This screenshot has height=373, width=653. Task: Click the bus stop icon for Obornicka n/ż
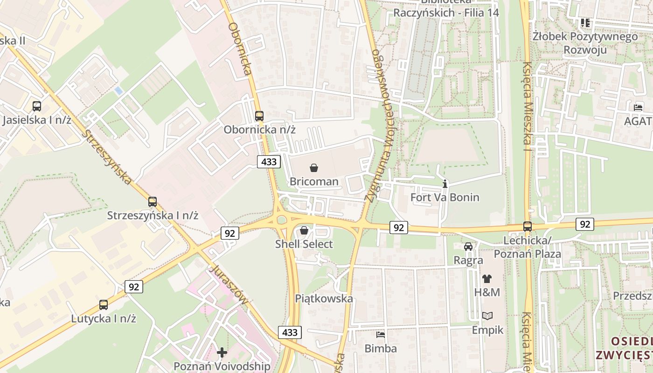259,116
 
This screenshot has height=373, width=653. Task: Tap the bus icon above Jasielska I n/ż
37,106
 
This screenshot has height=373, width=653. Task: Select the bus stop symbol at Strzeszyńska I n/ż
153,202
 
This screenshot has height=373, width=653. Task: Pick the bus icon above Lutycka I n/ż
104,305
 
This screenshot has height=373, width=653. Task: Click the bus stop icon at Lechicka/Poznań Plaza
527,227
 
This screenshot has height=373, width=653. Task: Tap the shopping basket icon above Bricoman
314,168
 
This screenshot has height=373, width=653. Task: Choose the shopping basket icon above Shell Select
304,230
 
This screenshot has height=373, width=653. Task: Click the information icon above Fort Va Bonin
445,184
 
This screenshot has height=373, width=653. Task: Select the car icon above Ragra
468,246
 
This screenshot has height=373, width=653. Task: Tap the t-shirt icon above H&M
487,279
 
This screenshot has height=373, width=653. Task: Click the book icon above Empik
487,316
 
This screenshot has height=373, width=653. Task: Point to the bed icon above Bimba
381,335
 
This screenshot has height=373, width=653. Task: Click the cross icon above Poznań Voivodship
222,352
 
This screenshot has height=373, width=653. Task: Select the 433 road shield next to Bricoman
269,162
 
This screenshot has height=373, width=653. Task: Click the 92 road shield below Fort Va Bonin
398,227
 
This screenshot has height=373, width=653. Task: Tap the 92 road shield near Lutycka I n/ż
134,287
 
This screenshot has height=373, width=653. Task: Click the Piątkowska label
324,298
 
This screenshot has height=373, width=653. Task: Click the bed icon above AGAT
638,108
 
